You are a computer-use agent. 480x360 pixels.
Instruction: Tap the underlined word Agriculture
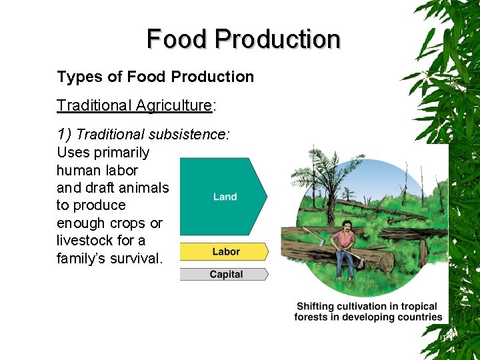[x=174, y=105]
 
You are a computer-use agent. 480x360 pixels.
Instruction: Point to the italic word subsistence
[x=189, y=134]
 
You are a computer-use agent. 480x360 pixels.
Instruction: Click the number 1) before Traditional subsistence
[x=65, y=134]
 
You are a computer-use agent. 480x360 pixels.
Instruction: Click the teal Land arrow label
[x=225, y=197]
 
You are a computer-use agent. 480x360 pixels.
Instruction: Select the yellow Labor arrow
[x=225, y=251]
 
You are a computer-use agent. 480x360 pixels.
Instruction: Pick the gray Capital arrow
[x=225, y=274]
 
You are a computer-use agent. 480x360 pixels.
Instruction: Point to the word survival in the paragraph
[x=134, y=258]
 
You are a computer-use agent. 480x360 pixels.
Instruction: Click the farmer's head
[x=347, y=225]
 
